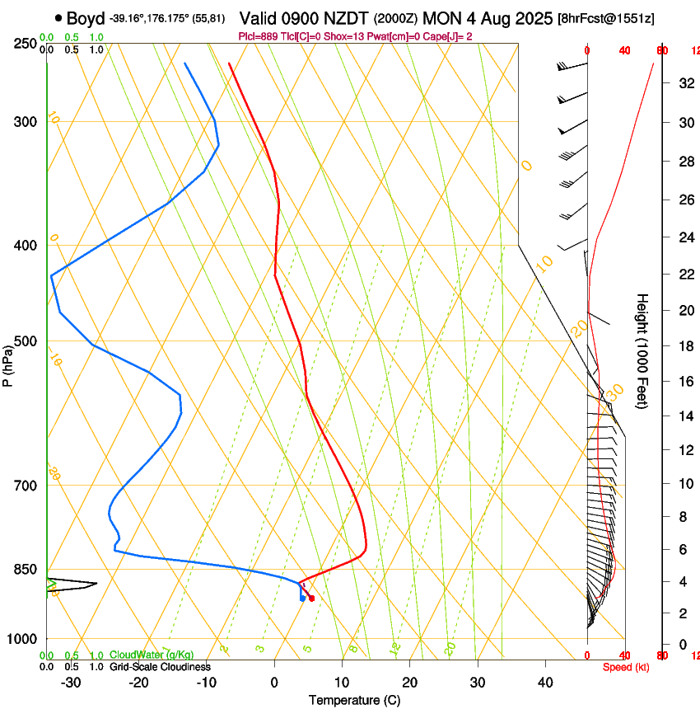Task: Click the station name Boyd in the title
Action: (86, 18)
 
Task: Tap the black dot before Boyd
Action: (58, 18)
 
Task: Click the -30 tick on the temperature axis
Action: (71, 682)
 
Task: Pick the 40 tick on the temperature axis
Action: (545, 682)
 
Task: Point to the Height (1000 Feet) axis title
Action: (643, 350)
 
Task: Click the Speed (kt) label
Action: (626, 667)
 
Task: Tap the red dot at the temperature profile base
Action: (311, 599)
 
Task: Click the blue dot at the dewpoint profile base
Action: (303, 599)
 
